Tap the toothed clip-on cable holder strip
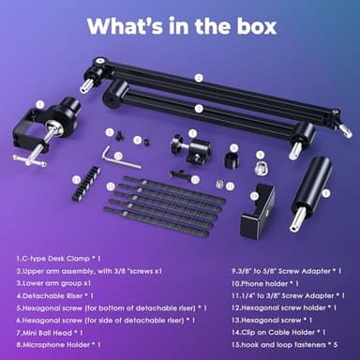(90, 175)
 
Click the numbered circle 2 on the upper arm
(199, 78)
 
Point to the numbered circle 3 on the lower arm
(199, 109)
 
